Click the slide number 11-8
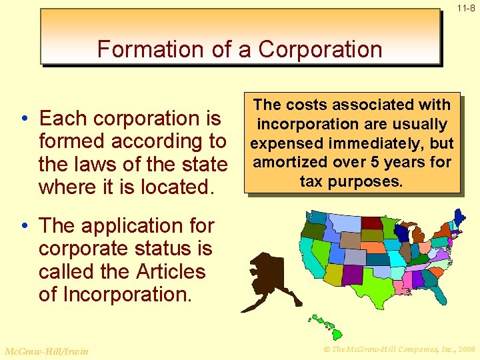point(466,9)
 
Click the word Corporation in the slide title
point(320,49)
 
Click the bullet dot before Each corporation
point(23,119)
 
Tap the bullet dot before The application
point(23,227)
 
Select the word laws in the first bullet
point(95,164)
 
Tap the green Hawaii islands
point(324,326)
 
